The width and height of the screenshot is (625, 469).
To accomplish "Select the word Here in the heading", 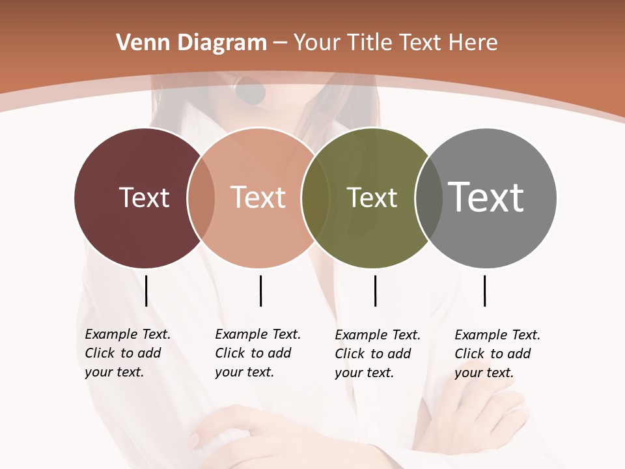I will [474, 43].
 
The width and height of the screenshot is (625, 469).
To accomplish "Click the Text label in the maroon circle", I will [144, 197].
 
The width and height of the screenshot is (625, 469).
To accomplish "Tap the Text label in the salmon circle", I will [258, 197].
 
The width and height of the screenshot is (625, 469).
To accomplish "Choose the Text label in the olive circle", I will [372, 197].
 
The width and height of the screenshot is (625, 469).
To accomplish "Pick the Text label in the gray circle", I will [486, 197].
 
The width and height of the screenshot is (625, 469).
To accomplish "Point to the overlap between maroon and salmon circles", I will [201, 198].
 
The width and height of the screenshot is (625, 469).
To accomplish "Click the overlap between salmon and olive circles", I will [315, 198].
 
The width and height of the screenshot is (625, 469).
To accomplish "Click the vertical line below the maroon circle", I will [146, 291].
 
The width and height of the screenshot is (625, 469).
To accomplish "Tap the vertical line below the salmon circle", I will [260, 291].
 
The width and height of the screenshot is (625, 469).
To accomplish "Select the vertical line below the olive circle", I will [375, 291].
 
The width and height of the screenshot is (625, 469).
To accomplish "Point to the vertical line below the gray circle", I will [484, 291].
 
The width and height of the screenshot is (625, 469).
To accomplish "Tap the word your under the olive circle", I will [348, 373].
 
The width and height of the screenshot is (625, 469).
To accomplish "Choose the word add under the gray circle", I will [519, 354].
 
